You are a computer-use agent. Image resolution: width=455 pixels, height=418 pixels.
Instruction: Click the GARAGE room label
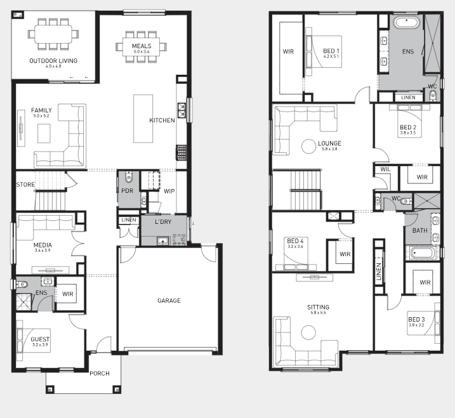[169, 301]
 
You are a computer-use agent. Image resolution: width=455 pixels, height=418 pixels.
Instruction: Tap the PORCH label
[100, 374]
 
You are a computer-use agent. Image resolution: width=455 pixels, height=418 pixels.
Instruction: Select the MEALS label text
[142, 46]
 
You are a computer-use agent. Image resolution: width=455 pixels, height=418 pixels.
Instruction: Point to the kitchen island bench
[143, 119]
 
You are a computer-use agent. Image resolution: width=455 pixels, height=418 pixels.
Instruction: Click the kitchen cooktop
[181, 153]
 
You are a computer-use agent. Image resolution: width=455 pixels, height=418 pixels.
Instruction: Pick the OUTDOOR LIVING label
[53, 61]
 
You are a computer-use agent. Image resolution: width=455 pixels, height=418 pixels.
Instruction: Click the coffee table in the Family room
[44, 133]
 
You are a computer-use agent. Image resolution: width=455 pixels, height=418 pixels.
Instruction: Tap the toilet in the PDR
[129, 177]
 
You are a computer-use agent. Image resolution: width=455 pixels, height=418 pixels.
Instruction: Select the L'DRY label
[163, 222]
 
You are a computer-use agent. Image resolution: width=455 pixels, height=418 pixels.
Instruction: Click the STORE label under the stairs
[25, 185]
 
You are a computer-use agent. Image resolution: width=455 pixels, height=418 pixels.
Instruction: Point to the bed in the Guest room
[34, 340]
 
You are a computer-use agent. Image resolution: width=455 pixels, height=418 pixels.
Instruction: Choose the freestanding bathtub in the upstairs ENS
[407, 22]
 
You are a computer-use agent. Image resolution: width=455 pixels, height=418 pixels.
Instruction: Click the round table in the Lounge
[308, 146]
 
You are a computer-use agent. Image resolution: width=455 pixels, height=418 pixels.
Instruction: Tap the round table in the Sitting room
[308, 332]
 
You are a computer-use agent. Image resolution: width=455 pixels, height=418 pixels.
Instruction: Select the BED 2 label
[408, 127]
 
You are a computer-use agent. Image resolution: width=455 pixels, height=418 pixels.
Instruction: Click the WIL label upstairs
[385, 169]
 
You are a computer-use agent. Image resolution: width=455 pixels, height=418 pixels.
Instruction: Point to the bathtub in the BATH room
[423, 253]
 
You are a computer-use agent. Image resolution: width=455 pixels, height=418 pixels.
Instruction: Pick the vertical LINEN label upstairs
[378, 272]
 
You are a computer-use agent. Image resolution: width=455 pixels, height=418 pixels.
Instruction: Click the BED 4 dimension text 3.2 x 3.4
[296, 247]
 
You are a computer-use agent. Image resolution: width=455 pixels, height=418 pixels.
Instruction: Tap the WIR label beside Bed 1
[288, 51]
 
